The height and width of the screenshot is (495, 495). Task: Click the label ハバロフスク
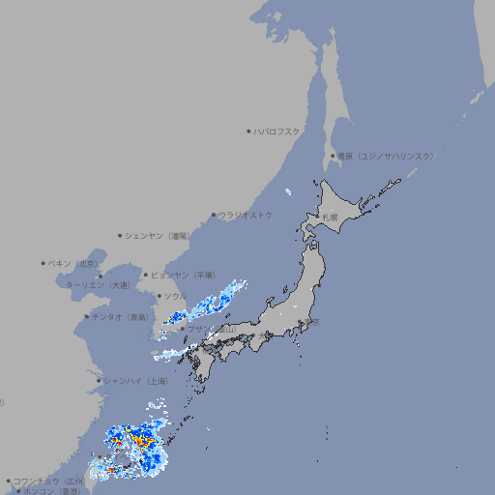pyautogui.click(x=277, y=131)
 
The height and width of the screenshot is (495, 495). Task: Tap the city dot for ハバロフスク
pyautogui.click(x=248, y=131)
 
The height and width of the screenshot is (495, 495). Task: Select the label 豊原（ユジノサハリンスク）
pyautogui.click(x=386, y=156)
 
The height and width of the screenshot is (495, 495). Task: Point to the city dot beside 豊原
pyautogui.click(x=333, y=156)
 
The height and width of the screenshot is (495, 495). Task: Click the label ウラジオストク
pyautogui.click(x=246, y=215)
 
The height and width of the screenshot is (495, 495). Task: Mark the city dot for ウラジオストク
pyautogui.click(x=214, y=216)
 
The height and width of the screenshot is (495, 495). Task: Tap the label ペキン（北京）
pyautogui.click(x=74, y=263)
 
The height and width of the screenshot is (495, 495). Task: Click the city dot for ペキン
pyautogui.click(x=44, y=263)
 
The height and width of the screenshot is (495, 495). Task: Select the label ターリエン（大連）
pyautogui.click(x=98, y=285)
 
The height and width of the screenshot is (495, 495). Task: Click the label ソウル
pyautogui.click(x=175, y=296)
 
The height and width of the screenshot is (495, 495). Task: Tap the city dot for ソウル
pyautogui.click(x=159, y=296)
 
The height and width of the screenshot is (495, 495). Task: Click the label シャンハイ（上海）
pyautogui.click(x=135, y=381)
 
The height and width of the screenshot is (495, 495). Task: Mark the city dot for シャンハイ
pyautogui.click(x=99, y=381)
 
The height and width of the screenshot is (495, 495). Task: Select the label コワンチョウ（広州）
pyautogui.click(x=47, y=480)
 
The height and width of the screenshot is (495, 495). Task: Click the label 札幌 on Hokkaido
pyautogui.click(x=330, y=218)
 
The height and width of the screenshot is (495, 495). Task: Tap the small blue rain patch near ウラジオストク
pyautogui.click(x=289, y=191)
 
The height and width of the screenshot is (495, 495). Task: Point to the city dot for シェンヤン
pyautogui.click(x=120, y=235)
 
